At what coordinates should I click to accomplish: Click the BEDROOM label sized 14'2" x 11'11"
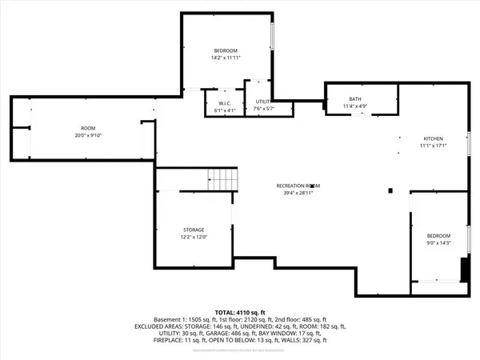click(225, 50)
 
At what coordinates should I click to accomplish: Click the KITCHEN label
click(433, 138)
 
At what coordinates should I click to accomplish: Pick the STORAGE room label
click(193, 230)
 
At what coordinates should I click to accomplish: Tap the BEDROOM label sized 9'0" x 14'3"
click(438, 235)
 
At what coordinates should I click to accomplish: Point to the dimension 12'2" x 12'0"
click(193, 238)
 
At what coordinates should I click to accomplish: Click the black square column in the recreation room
click(390, 190)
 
